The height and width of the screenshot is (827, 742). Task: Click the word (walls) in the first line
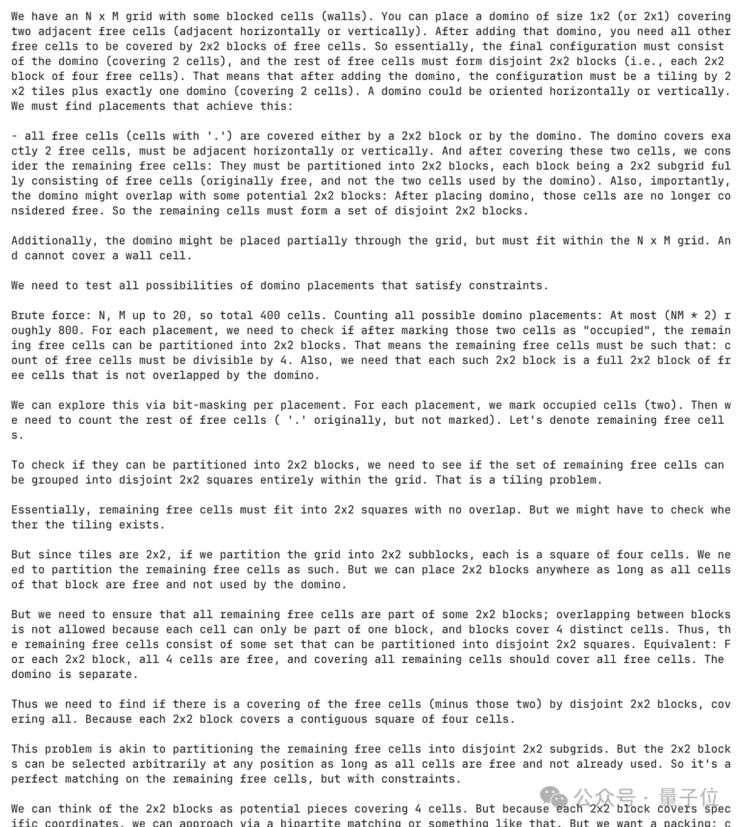(x=351, y=16)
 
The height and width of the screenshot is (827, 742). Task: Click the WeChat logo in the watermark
(x=555, y=799)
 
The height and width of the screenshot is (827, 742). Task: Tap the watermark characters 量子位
(x=688, y=798)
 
